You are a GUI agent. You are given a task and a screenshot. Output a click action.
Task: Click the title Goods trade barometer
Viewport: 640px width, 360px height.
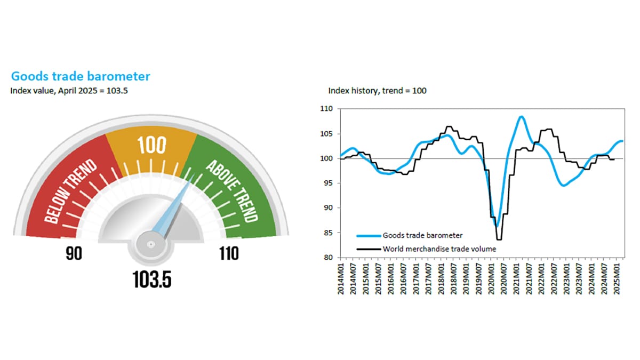coord(81,76)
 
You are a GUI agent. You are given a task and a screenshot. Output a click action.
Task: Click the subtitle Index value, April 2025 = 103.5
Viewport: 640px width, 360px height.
coord(69,90)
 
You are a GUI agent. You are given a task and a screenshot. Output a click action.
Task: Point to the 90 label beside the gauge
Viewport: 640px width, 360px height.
coord(74,254)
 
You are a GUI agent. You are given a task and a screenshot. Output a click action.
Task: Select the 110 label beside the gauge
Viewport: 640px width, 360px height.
coord(229,254)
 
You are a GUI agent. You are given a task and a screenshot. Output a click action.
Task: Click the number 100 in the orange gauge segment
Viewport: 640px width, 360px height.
coord(152,145)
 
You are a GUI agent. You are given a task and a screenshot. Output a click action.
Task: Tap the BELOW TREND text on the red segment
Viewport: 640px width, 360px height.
coord(71,191)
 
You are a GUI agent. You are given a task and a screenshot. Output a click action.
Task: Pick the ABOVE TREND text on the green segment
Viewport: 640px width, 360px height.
coord(231,190)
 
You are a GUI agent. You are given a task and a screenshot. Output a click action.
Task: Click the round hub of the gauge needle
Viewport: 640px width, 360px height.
coord(150,245)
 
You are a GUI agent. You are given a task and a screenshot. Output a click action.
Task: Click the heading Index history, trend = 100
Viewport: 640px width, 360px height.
coord(377,91)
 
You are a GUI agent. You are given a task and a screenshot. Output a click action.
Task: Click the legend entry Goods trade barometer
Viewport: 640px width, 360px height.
coord(417,235)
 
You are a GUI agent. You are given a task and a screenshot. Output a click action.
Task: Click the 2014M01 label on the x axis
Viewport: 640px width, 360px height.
coord(341,277)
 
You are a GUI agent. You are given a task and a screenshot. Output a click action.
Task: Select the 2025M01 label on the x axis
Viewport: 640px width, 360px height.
coord(617,277)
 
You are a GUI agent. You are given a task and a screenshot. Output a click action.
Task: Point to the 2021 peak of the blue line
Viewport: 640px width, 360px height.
coord(521,116)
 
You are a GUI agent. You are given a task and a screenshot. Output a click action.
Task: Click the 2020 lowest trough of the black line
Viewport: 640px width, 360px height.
coord(500,240)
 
